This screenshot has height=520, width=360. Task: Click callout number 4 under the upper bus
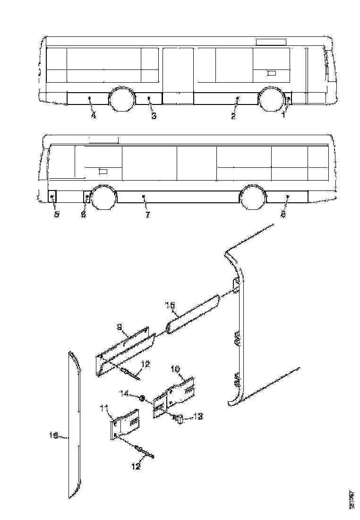[x=94, y=115]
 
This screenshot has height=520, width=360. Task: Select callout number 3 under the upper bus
[x=153, y=115]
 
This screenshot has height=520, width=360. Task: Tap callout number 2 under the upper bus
[x=233, y=116]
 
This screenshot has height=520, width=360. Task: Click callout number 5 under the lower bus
[x=56, y=214]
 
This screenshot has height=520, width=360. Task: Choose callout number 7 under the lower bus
[x=147, y=215]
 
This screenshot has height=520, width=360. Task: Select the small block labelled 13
[x=180, y=418]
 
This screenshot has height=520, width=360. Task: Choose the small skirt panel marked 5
[x=52, y=195]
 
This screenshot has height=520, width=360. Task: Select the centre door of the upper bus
[x=178, y=76]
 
